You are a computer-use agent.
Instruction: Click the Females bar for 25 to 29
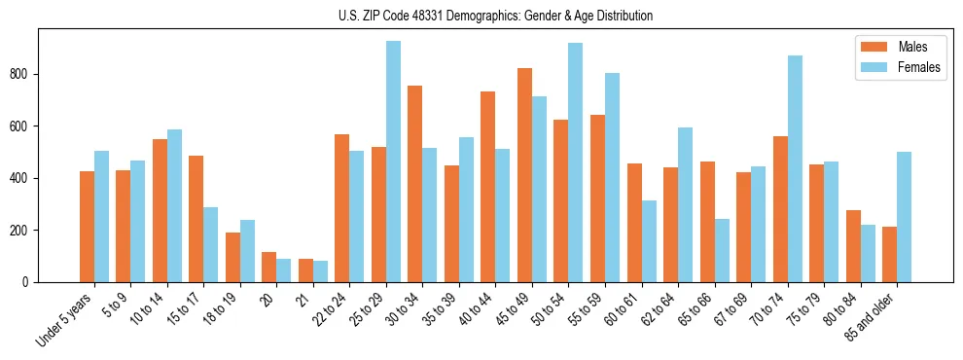[393, 162]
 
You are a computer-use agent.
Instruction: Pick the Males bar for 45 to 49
[524, 175]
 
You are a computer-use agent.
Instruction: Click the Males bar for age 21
[305, 270]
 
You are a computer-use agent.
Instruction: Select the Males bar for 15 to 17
[196, 219]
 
